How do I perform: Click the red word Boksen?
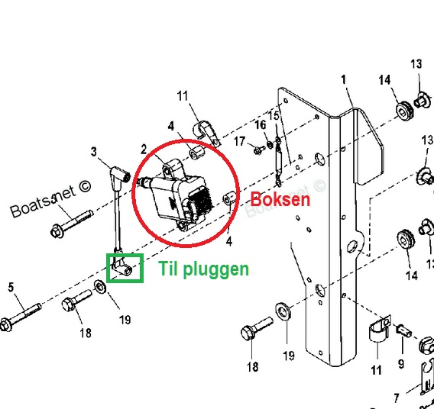click(280, 199)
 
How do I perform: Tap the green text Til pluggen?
click(204, 269)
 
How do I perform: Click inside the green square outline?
click(125, 268)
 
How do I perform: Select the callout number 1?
click(344, 79)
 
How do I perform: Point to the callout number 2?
click(144, 150)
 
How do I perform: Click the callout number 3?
click(94, 151)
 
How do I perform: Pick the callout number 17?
click(239, 141)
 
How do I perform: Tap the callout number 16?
click(261, 124)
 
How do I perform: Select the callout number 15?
click(274, 115)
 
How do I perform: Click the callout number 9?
click(401, 364)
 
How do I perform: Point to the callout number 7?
click(397, 398)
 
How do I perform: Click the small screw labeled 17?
click(259, 150)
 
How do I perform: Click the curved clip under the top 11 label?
click(205, 131)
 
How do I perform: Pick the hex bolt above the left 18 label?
click(76, 299)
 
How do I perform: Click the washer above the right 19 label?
click(283, 311)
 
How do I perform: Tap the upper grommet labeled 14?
click(405, 111)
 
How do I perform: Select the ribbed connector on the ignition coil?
click(201, 202)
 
